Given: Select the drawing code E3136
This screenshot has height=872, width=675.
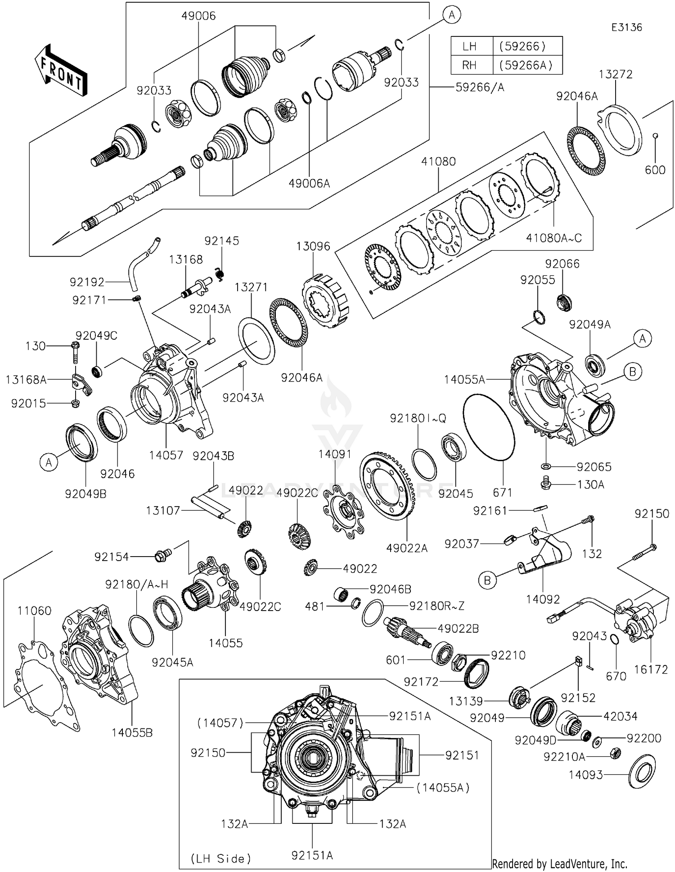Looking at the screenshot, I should pos(626,27).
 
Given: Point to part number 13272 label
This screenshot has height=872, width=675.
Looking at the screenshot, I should pos(616,74).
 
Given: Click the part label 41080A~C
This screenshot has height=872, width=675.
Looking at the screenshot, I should pos(554,238).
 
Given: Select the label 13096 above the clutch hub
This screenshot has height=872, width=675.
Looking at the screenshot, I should pos(313,247).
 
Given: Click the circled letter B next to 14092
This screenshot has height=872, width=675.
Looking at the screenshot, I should pos(487,580).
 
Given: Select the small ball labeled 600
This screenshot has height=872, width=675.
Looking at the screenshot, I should pos(656,135).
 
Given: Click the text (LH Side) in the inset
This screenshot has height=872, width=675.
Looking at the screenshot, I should pos(221,859).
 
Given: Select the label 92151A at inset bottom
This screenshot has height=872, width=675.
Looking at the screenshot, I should pos(312,855).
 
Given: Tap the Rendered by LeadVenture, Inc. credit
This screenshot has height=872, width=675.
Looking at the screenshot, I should pos(559,863).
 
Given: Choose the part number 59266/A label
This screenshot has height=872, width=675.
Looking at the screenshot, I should pos(480,87).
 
